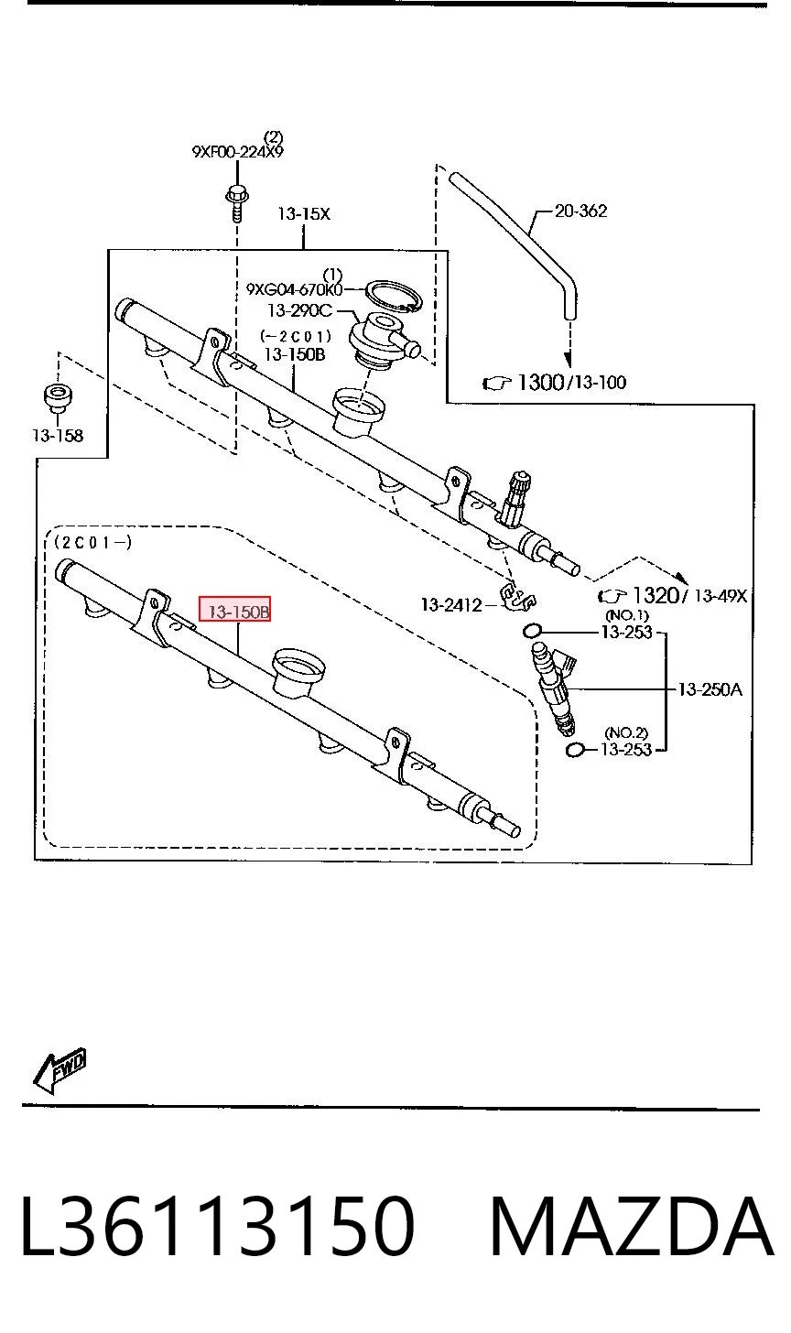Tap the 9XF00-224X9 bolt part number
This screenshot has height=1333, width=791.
(237, 152)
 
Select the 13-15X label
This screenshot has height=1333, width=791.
(304, 213)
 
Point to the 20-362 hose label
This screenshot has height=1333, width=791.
(581, 211)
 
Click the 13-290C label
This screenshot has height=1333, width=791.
(300, 310)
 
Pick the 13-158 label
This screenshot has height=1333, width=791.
(58, 436)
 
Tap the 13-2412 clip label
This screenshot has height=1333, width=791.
(451, 605)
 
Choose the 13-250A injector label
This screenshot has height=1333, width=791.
(710, 689)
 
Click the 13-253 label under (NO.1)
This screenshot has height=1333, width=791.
(627, 632)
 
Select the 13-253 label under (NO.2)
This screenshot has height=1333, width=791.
(626, 750)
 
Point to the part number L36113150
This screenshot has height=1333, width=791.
(217, 1228)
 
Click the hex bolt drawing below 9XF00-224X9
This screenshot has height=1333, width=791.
(237, 203)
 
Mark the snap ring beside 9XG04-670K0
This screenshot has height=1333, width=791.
(395, 296)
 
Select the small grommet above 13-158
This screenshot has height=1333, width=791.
(58, 397)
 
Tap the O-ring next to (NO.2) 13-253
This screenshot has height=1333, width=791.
(574, 751)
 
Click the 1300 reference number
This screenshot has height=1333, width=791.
(540, 382)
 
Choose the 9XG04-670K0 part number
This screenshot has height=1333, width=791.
(295, 290)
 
